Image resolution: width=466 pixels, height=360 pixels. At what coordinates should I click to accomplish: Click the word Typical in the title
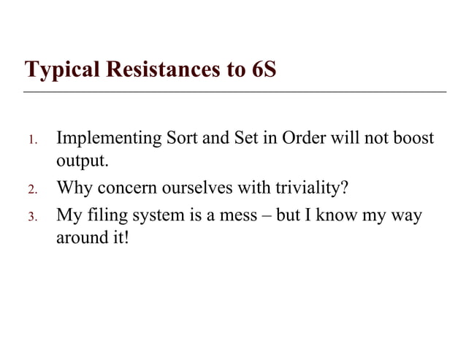pyautogui.click(x=61, y=72)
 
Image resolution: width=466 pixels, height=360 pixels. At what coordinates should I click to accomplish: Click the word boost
pyautogui.click(x=410, y=138)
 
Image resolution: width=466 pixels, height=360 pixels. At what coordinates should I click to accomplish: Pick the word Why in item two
pyautogui.click(x=75, y=189)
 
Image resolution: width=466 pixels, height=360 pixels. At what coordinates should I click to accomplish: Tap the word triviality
pyautogui.click(x=306, y=189)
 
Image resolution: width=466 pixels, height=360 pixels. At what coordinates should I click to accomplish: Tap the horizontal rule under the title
pyautogui.click(x=234, y=92)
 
